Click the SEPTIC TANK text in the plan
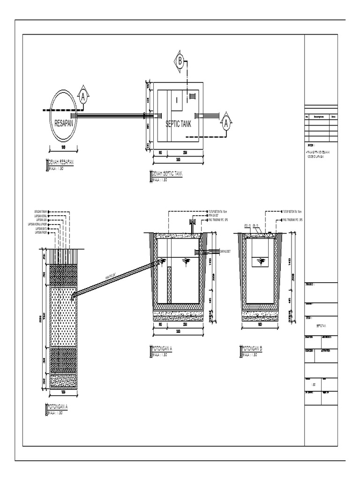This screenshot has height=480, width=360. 178,124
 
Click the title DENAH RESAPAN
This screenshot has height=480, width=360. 61,162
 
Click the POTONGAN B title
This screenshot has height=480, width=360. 252,349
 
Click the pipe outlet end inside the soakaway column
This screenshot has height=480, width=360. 73,296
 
